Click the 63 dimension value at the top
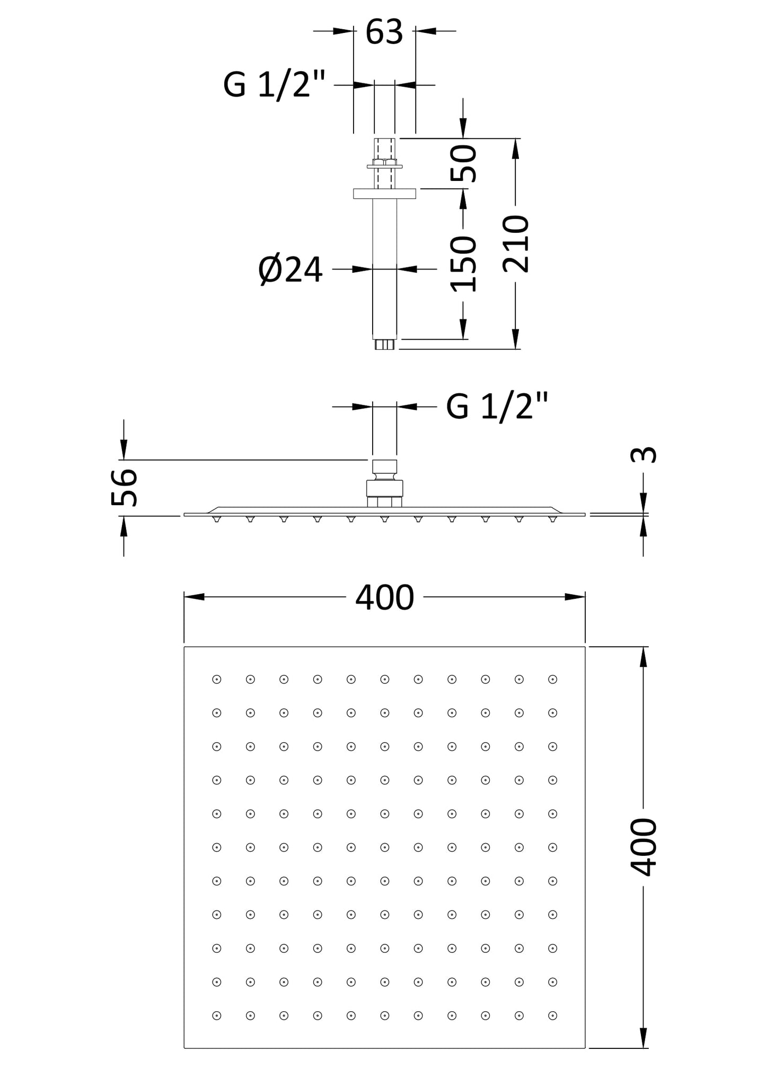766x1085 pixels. pos(384,32)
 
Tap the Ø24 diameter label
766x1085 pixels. pos(290,270)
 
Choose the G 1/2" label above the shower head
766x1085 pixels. pos(497,406)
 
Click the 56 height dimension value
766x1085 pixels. pos(125,487)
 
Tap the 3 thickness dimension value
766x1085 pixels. pos(644,455)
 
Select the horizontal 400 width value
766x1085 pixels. pos(384,597)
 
